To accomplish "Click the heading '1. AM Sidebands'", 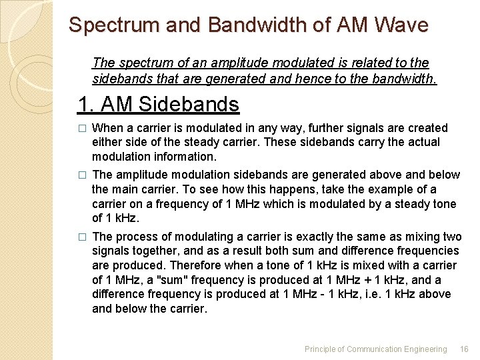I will tap(158, 104).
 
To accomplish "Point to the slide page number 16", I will tap(464, 349).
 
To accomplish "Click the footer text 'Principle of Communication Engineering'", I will tap(375, 349).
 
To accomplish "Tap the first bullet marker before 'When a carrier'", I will tap(82, 128).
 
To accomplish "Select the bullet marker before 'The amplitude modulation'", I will tap(82, 175).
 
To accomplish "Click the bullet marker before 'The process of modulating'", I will tap(82, 237).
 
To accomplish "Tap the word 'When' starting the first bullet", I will tap(106, 128).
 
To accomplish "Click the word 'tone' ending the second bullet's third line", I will tap(445, 203).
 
